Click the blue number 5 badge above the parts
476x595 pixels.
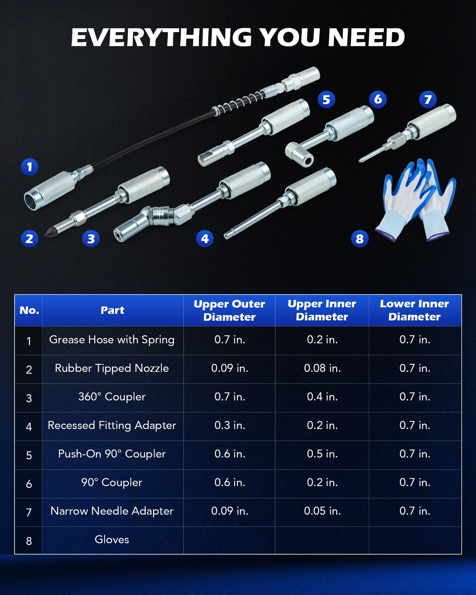(326, 100)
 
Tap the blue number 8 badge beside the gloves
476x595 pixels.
(360, 239)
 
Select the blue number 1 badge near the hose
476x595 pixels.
(29, 167)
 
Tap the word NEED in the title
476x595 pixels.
(366, 37)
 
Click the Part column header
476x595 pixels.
(112, 310)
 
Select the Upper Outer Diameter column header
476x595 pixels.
(229, 310)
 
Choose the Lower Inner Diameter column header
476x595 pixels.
(414, 310)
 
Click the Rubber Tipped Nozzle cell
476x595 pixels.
(112, 368)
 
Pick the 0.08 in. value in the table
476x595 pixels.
(322, 368)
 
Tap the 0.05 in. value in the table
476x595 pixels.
(322, 511)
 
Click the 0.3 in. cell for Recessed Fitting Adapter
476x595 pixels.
(230, 425)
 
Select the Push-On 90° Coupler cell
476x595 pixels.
(112, 454)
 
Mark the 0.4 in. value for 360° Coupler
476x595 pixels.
(322, 397)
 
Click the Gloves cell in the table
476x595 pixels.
(112, 539)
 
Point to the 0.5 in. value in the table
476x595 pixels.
(322, 454)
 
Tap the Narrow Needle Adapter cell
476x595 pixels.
(112, 511)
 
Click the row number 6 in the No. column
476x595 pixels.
(29, 484)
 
